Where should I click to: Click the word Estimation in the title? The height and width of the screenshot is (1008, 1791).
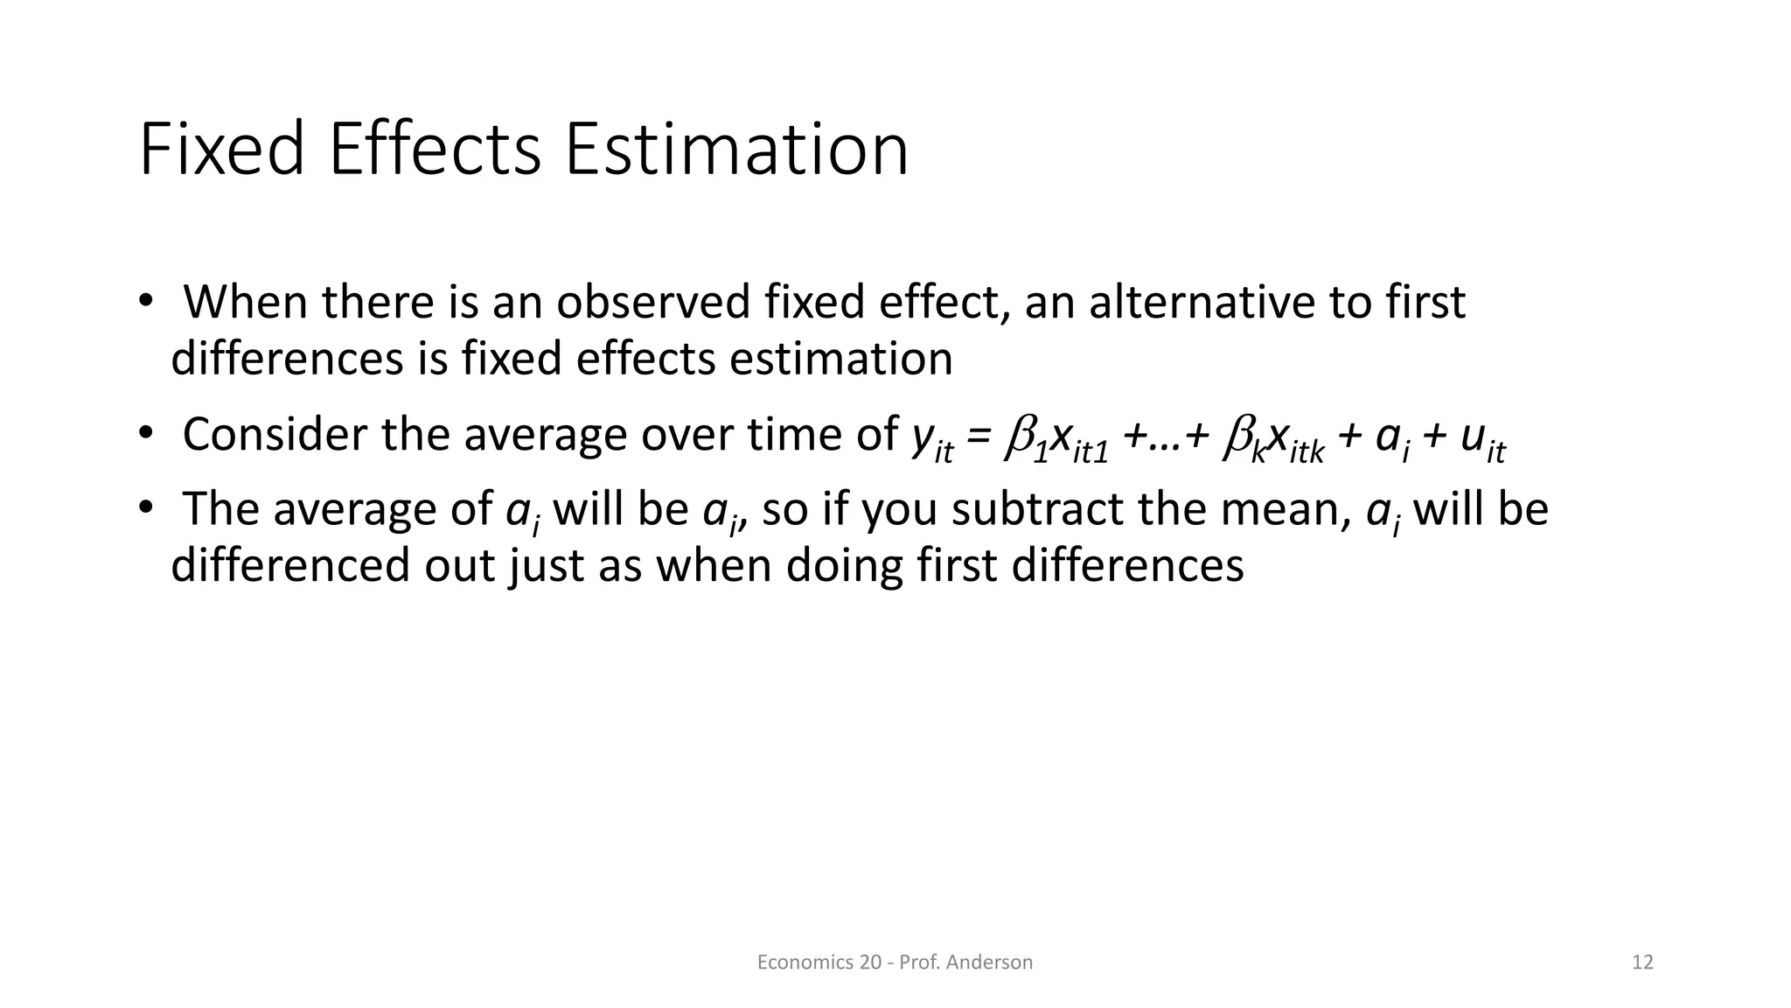tap(736, 150)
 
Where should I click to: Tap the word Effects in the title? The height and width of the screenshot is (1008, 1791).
tap(435, 150)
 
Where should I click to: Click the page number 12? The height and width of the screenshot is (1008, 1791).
tap(1642, 962)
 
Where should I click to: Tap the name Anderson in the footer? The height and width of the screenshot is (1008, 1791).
tap(989, 962)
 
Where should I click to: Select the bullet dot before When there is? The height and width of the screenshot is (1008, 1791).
tap(145, 302)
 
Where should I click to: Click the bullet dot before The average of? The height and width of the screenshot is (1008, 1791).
tap(145, 508)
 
